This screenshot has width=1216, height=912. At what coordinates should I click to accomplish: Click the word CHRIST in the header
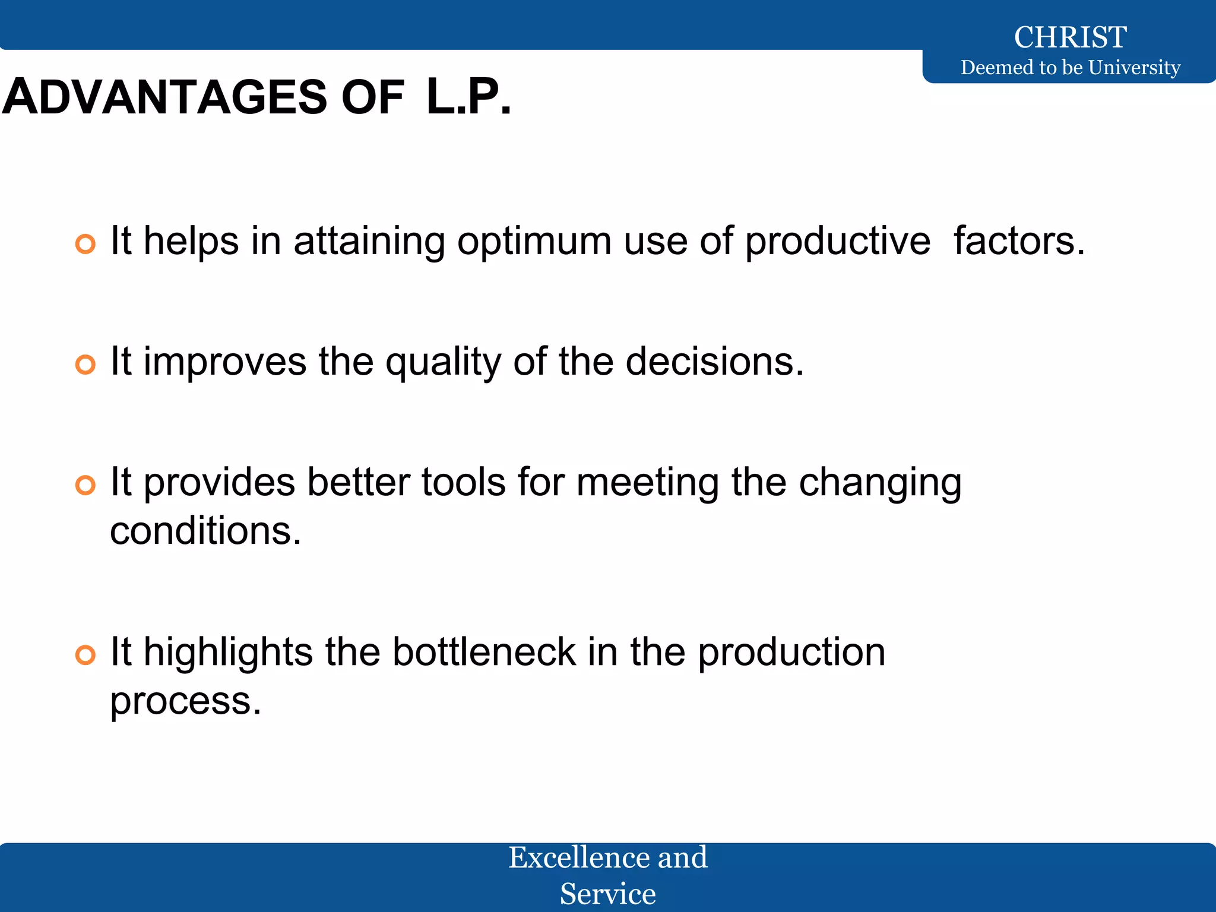[1070, 37]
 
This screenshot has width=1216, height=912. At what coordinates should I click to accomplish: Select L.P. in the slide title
[468, 97]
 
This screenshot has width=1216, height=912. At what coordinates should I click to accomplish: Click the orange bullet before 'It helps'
[85, 244]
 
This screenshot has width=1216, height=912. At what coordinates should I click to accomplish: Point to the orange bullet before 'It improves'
[85, 365]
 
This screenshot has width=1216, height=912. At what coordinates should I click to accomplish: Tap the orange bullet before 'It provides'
[85, 485]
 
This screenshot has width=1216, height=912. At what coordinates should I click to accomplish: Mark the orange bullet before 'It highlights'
[85, 655]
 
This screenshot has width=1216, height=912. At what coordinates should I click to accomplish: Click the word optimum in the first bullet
[534, 242]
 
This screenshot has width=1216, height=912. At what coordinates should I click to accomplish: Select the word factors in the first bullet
[1019, 241]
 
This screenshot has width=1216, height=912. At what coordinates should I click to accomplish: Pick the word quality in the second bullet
[443, 363]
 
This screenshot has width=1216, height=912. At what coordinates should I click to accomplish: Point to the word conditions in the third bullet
[205, 531]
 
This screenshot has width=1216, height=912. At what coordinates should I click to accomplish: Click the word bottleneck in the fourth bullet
[484, 652]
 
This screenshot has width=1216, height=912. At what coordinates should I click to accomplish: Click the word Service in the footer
[607, 894]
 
